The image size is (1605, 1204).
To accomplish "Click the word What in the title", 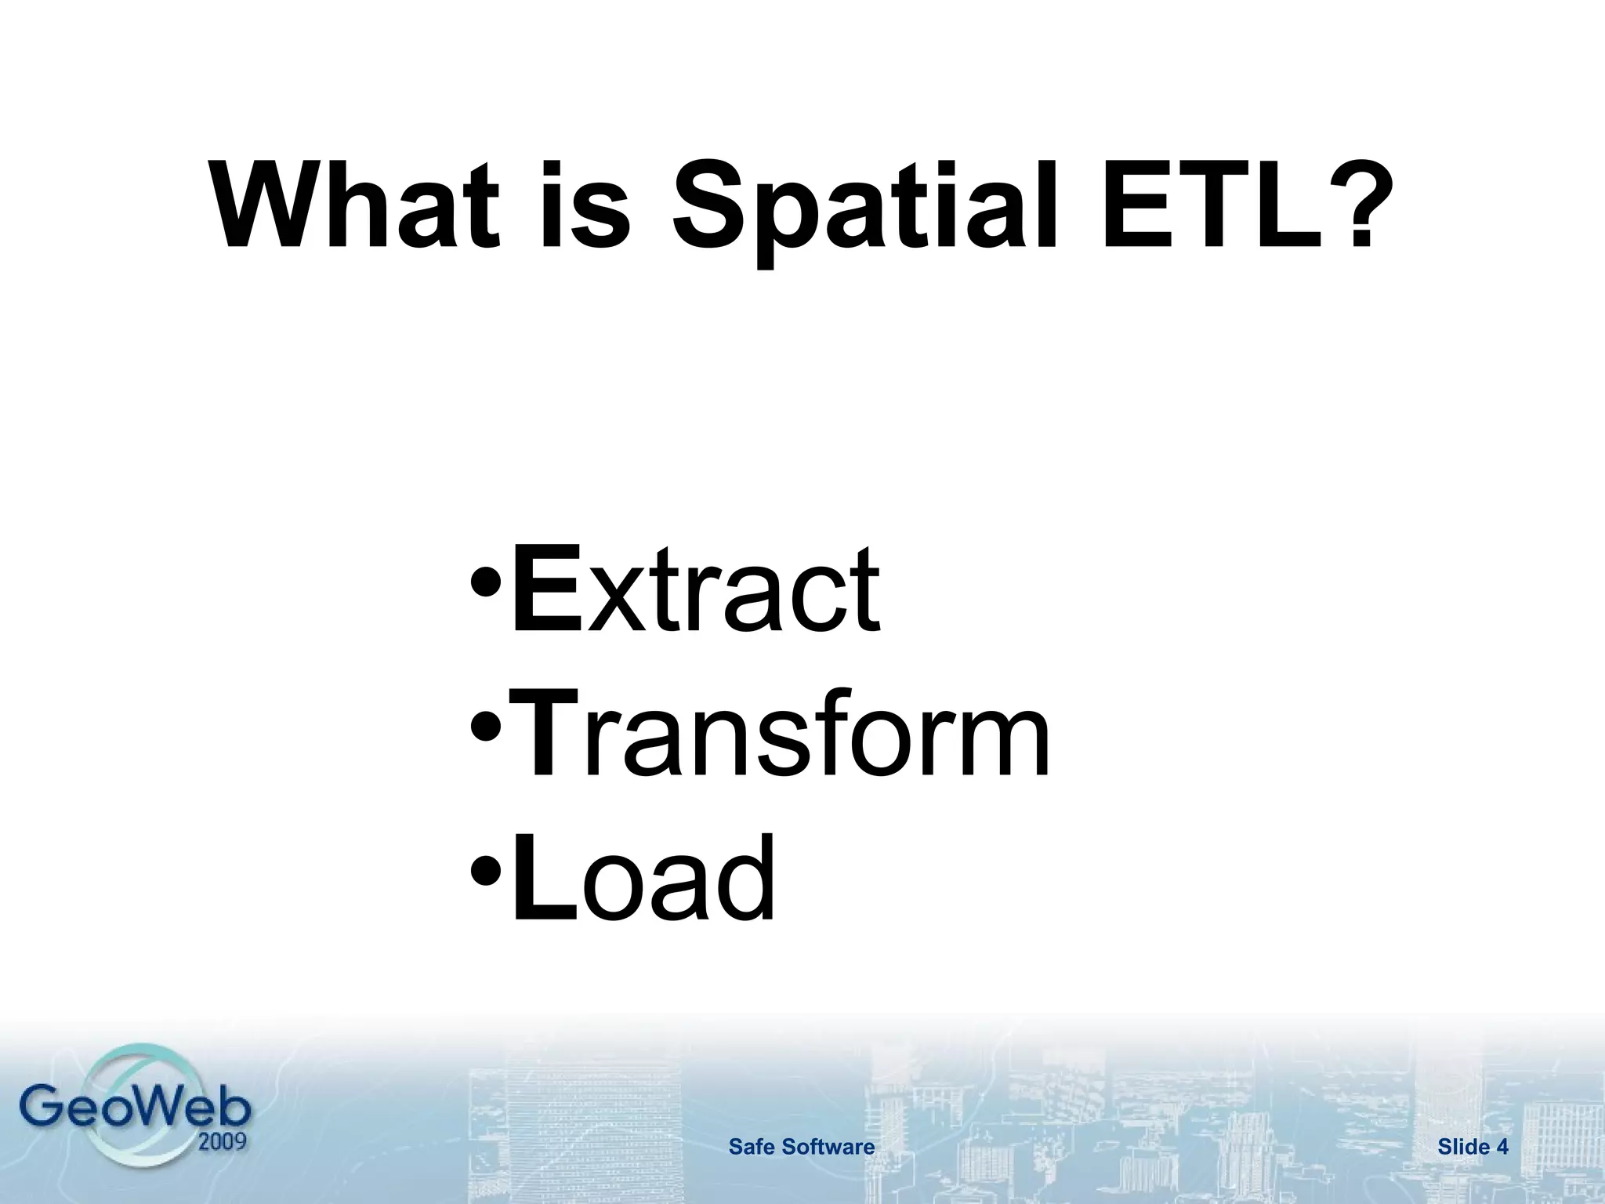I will [x=357, y=205].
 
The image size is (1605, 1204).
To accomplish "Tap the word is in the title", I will [x=585, y=205].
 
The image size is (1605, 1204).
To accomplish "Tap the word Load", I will [x=643, y=877].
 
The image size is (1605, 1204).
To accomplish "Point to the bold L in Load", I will [x=543, y=877].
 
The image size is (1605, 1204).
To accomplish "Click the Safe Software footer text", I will [x=801, y=1148].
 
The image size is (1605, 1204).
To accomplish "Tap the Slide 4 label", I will [x=1473, y=1148].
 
